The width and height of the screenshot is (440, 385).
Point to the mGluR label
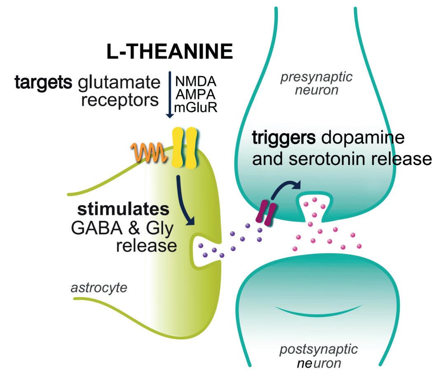click(195, 108)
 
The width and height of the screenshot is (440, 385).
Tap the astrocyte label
click(99, 288)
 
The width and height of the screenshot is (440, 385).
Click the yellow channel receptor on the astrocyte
click(184, 148)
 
